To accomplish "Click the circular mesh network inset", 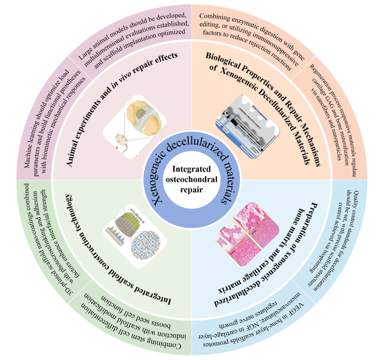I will click(146, 245).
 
